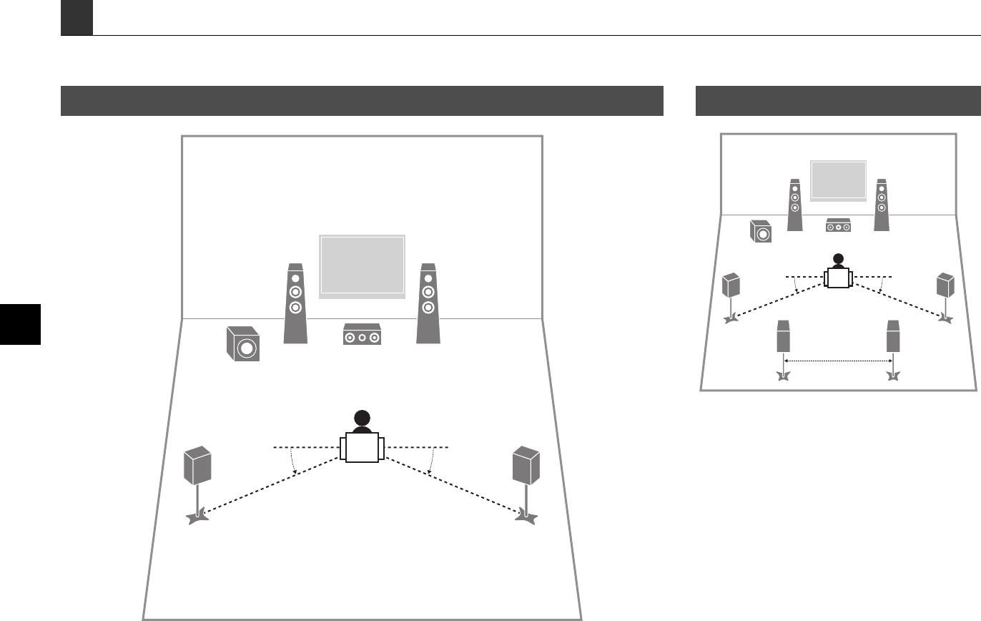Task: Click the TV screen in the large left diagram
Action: [362, 265]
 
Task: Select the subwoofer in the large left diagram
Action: [242, 344]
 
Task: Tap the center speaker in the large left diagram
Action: [362, 335]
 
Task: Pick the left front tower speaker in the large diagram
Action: [295, 303]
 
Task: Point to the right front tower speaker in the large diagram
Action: [428, 303]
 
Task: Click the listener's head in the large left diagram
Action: [362, 420]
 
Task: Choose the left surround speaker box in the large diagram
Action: [198, 464]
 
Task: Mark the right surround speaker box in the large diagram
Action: [526, 464]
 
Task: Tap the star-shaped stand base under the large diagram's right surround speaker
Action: [526, 514]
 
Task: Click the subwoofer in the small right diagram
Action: [761, 232]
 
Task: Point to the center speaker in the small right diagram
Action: [838, 225]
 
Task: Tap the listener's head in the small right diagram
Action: [838, 260]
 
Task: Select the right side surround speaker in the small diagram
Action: [946, 285]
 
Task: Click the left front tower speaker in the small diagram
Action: [795, 205]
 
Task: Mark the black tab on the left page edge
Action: [20, 324]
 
